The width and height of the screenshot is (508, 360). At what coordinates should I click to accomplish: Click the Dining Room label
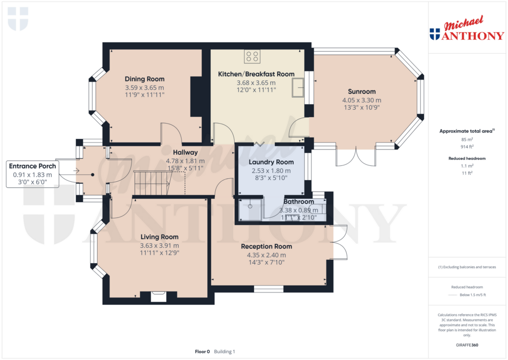click(144, 79)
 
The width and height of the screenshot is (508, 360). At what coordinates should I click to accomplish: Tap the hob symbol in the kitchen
click(252, 57)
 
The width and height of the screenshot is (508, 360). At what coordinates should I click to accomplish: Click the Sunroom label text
click(362, 91)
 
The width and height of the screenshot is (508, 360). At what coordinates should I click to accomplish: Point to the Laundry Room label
click(271, 162)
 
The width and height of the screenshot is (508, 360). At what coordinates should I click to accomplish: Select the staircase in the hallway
click(152, 182)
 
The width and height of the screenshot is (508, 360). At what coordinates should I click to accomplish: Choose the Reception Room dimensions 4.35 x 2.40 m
click(266, 255)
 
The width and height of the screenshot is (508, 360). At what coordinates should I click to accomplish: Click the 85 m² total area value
click(466, 140)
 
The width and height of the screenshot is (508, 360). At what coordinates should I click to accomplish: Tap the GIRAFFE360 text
click(466, 345)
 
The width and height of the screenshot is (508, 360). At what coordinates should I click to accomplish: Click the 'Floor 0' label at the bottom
click(202, 352)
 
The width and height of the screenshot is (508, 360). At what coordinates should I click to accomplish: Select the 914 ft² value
click(466, 147)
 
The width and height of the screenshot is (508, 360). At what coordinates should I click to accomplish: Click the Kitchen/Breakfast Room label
click(256, 74)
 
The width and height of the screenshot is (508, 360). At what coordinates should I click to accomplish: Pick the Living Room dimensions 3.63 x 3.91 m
click(159, 245)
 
